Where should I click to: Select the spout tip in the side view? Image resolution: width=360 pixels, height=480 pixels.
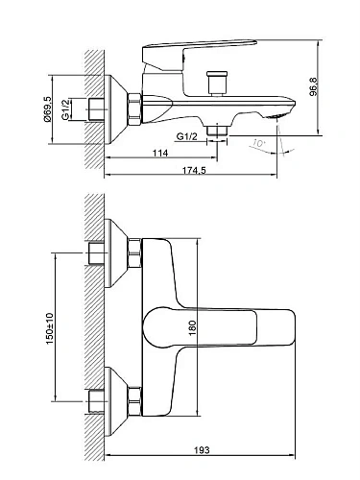click(x=278, y=112)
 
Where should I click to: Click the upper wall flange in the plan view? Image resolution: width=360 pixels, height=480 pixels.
click(x=118, y=254)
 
